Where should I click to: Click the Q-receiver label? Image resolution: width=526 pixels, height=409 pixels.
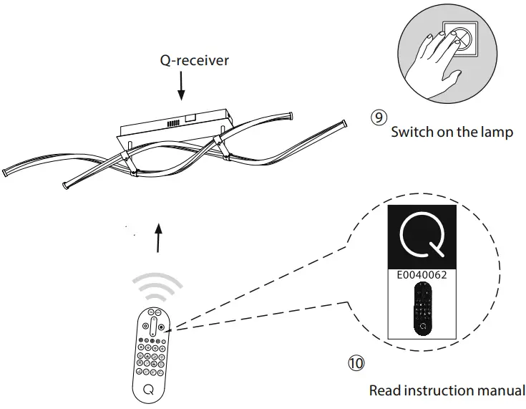[194, 60]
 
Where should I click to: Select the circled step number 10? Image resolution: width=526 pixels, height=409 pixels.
[355, 363]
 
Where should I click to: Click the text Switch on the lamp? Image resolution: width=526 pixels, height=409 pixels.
[452, 133]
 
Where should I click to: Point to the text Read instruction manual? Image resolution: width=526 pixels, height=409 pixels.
[447, 390]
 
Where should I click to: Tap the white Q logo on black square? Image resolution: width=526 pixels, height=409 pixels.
[422, 236]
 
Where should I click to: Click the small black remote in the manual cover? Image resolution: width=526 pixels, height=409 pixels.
[423, 308]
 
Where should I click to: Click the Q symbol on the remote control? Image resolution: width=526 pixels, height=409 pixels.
[149, 390]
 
